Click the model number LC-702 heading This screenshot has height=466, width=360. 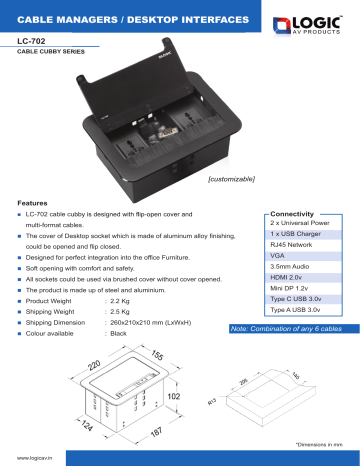tap(34, 42)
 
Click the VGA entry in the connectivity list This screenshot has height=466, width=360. tap(279, 256)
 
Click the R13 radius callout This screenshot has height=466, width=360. tap(213, 403)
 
